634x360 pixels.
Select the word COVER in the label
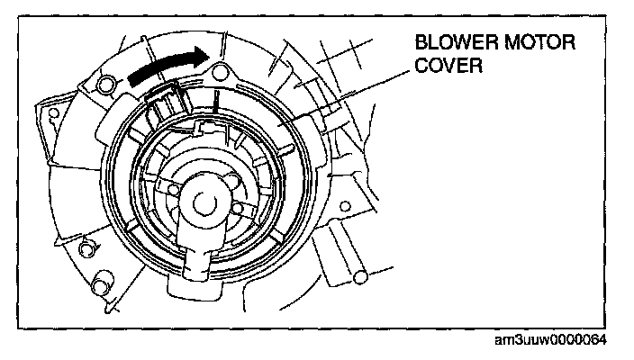pyautogui.click(x=444, y=67)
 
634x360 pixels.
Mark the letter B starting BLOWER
pyautogui.click(x=421, y=43)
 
